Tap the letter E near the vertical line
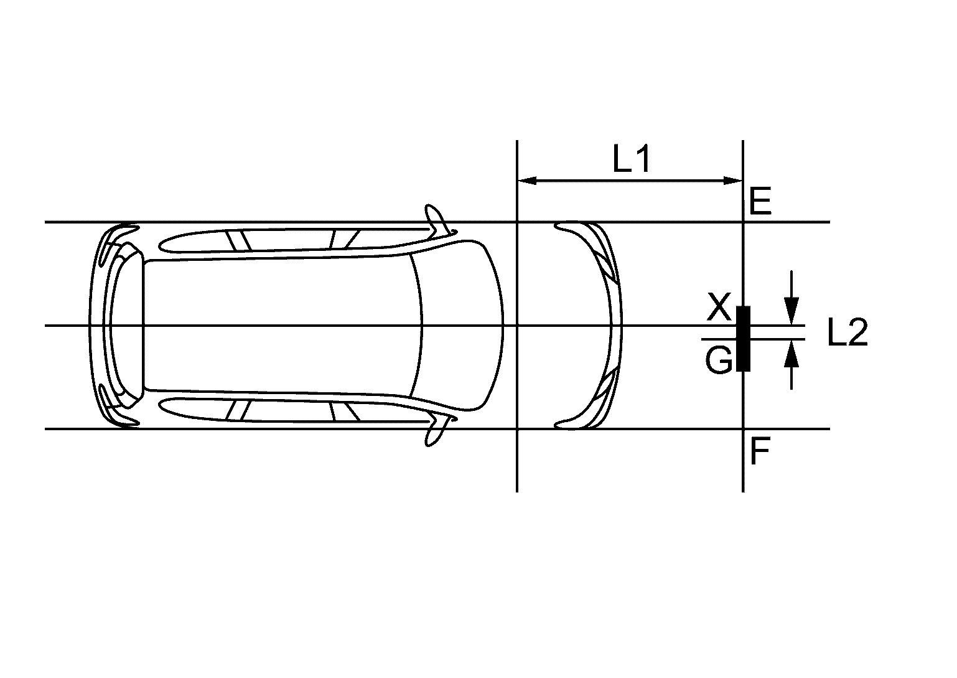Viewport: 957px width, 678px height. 760,202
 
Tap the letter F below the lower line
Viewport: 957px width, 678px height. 760,451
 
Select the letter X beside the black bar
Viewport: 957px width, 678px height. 719,308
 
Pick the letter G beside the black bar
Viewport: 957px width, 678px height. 719,360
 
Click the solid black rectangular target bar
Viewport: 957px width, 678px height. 743,339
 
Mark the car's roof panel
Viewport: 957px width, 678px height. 280,326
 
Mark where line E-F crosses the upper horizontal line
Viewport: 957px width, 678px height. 743,222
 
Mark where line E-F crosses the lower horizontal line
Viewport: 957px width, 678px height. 743,429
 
